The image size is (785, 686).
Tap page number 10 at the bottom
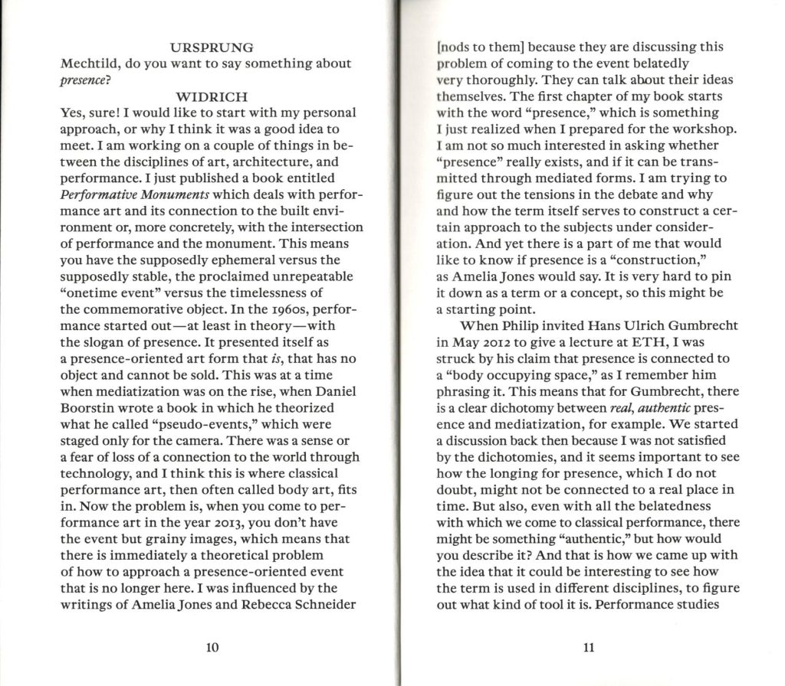coord(213,648)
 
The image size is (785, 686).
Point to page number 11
coord(589,648)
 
